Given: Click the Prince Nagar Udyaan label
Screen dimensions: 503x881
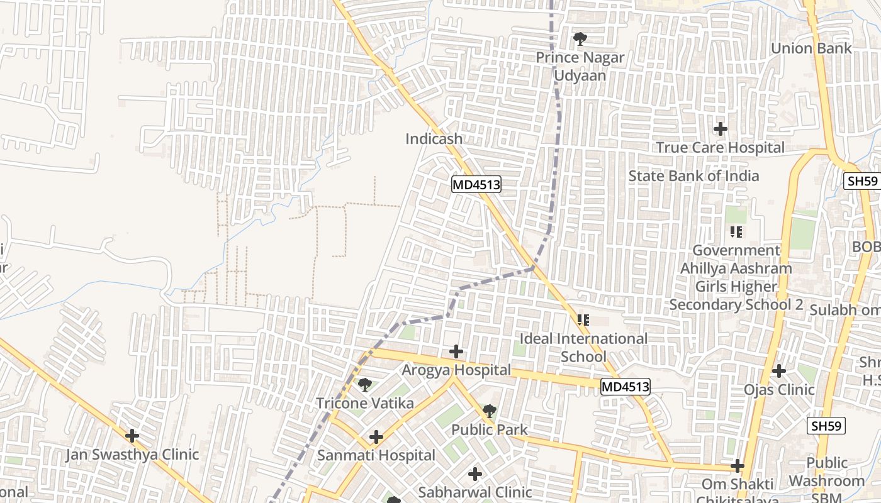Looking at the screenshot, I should pyautogui.click(x=580, y=66).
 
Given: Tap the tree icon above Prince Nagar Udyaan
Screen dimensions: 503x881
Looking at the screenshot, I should pyautogui.click(x=580, y=40).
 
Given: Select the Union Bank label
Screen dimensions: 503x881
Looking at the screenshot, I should pyautogui.click(x=811, y=48).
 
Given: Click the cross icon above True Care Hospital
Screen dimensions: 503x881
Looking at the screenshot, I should pyautogui.click(x=721, y=130).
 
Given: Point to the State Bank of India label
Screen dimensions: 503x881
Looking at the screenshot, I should pyautogui.click(x=693, y=175).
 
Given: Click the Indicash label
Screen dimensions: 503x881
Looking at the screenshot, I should pyautogui.click(x=434, y=139).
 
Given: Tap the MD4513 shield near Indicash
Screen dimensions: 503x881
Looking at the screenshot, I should pyautogui.click(x=476, y=185).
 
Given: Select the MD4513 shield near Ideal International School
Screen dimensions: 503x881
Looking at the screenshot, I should pyautogui.click(x=624, y=387).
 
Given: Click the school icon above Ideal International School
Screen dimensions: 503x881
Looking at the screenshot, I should pyautogui.click(x=583, y=320).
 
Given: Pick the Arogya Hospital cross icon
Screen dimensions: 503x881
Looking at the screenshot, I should pyautogui.click(x=456, y=351).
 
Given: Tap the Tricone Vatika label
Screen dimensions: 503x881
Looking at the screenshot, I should pyautogui.click(x=365, y=403).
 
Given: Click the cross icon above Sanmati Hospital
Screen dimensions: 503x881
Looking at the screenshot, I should pyautogui.click(x=376, y=436).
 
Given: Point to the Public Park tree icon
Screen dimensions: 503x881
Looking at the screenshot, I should pyautogui.click(x=490, y=411).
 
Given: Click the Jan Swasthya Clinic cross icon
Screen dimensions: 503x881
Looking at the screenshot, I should pyautogui.click(x=132, y=435).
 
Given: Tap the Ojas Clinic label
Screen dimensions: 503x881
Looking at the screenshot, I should pyautogui.click(x=779, y=389).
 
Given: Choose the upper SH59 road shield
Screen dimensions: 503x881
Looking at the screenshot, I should pyautogui.click(x=861, y=182).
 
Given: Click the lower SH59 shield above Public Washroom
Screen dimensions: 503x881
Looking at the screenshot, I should pyautogui.click(x=826, y=426).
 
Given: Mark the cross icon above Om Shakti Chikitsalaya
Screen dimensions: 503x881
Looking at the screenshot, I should pyautogui.click(x=738, y=466).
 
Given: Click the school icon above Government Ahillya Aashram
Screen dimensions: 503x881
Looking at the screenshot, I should pyautogui.click(x=736, y=232).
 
